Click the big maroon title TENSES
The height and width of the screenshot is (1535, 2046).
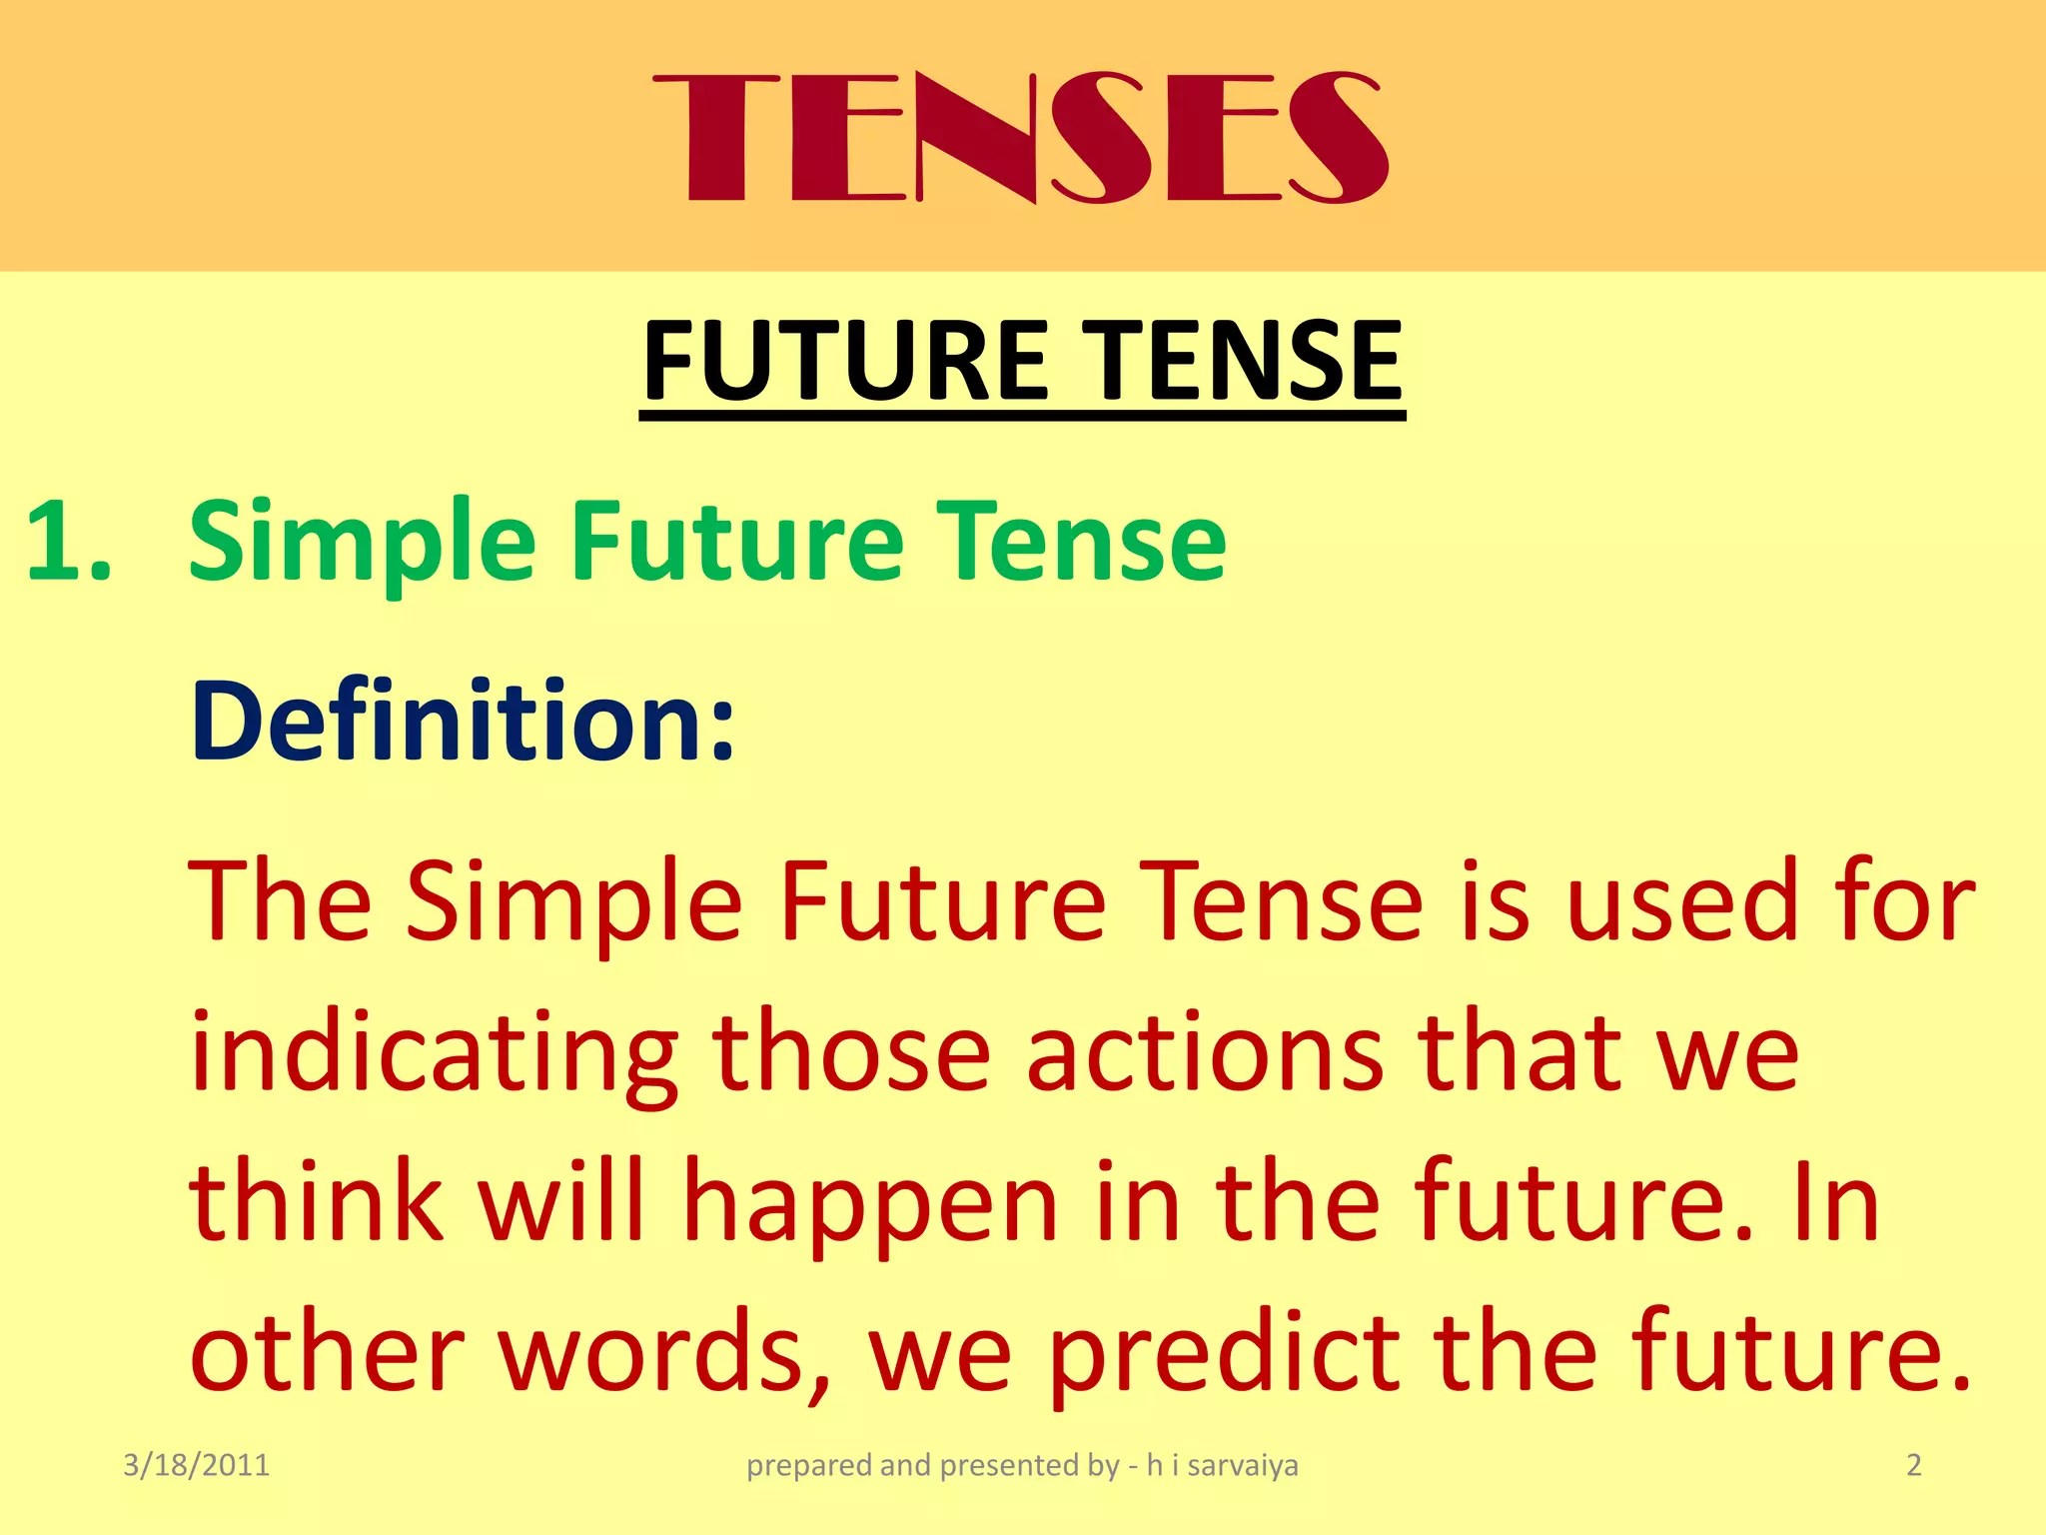(1020, 138)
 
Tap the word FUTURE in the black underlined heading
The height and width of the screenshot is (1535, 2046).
(845, 361)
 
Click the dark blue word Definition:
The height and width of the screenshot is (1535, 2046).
(462, 721)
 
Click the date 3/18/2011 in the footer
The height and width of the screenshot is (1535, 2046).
(196, 1465)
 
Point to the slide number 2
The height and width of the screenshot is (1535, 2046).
(1913, 1465)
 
